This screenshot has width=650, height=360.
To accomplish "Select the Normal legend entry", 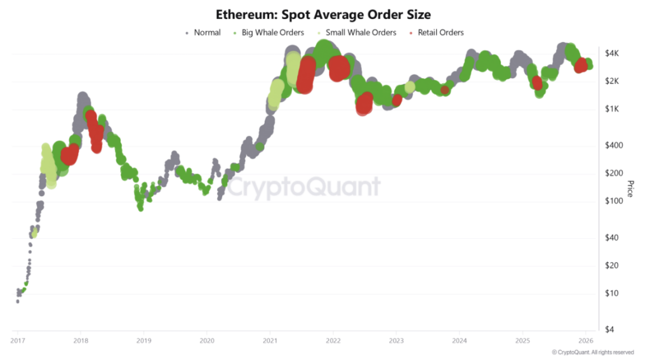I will pyautogui.click(x=207, y=32).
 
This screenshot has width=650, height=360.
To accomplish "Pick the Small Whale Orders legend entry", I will pyautogui.click(x=361, y=32).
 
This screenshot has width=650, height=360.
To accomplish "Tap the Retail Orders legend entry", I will pyautogui.click(x=441, y=32).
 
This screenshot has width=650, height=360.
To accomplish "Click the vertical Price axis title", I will pyautogui.click(x=630, y=189).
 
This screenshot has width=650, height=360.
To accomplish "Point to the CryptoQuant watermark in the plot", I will pyautogui.click(x=304, y=187).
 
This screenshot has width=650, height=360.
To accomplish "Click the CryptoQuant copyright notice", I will pyautogui.click(x=592, y=352).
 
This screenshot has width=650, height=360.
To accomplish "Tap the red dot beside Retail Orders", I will pyautogui.click(x=411, y=32).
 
